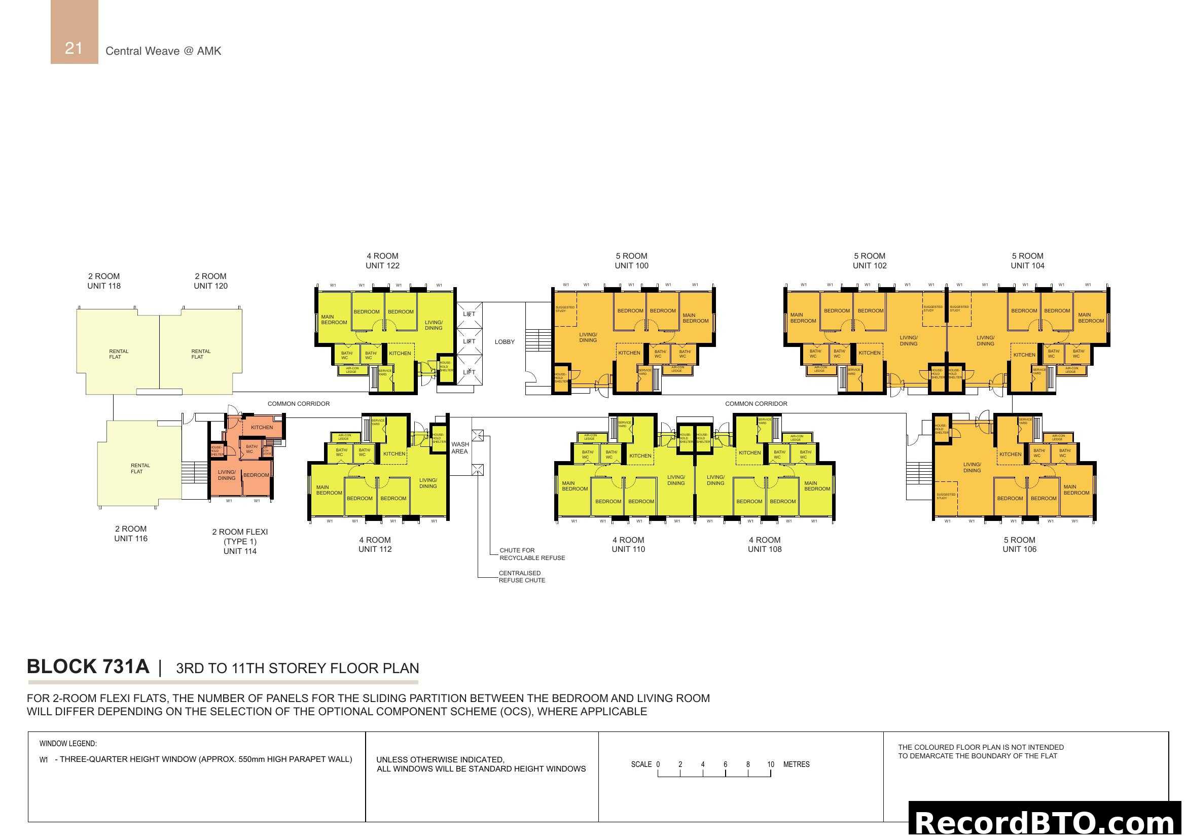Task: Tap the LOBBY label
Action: point(504,341)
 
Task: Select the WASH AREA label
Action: point(460,447)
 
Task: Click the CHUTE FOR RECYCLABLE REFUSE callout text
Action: point(531,554)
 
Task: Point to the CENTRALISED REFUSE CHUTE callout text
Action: point(522,577)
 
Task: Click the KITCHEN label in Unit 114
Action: point(261,427)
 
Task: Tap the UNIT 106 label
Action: point(1019,549)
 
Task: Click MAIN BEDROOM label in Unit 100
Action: point(695,318)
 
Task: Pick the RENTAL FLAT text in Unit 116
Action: point(139,468)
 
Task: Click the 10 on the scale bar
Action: point(770,764)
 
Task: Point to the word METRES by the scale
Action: point(796,764)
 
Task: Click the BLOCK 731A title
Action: point(88,667)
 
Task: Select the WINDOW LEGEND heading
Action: point(67,744)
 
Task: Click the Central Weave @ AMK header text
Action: point(163,51)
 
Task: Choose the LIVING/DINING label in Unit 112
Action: point(428,483)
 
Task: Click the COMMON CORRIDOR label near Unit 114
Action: point(298,403)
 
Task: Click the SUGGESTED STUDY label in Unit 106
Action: point(945,496)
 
